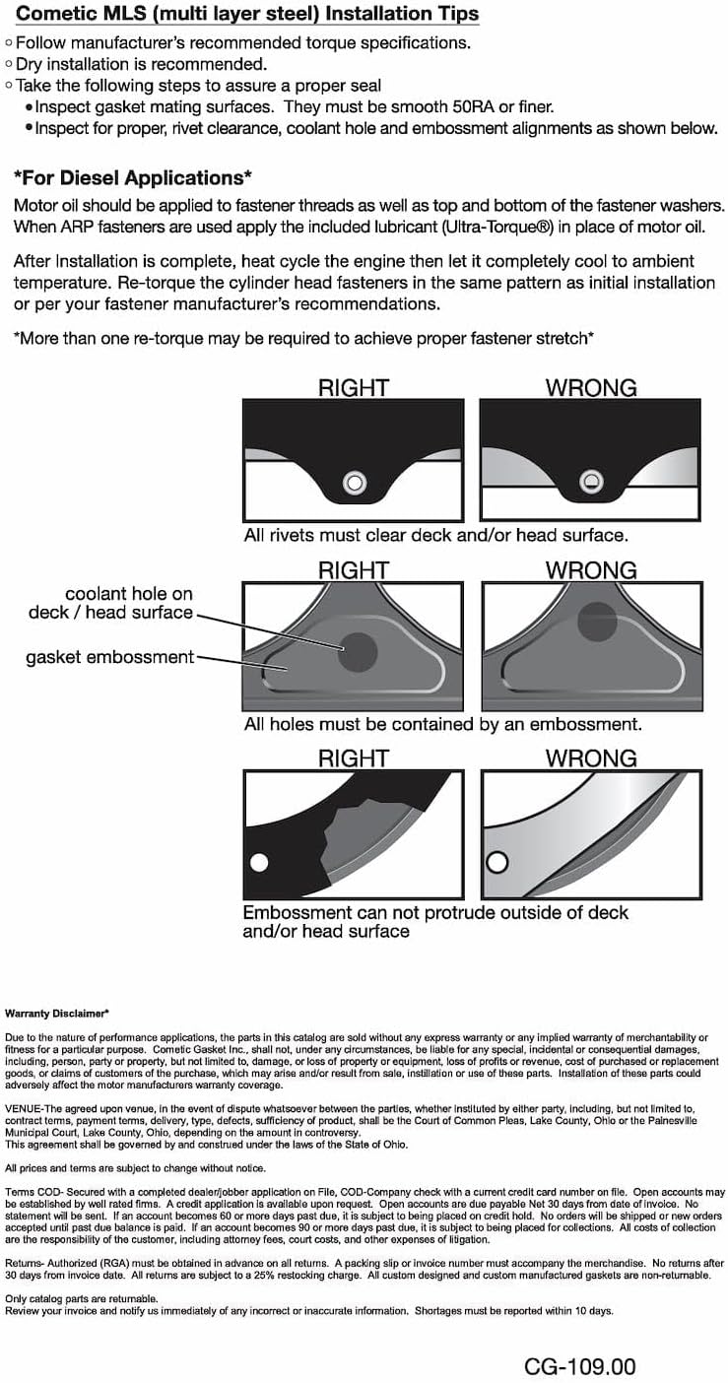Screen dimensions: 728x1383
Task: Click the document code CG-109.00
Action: [579, 1366]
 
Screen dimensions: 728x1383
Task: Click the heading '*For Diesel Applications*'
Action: [133, 178]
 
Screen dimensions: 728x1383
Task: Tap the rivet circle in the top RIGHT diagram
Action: [354, 482]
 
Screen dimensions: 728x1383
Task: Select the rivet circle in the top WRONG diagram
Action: [589, 482]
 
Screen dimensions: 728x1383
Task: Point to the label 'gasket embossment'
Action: [109, 657]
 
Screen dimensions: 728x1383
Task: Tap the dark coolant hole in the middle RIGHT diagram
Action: [357, 652]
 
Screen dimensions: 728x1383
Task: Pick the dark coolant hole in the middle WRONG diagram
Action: [596, 622]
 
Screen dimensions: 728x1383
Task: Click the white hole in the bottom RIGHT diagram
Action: [259, 863]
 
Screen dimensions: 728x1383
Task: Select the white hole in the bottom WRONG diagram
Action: [496, 863]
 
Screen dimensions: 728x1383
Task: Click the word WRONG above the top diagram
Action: [591, 388]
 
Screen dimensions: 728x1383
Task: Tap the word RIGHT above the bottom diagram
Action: [353, 758]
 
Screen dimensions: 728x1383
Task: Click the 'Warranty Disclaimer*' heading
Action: [57, 1013]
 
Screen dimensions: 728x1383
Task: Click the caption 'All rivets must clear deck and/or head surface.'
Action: [435, 536]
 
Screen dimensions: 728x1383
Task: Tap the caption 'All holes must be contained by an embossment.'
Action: [442, 724]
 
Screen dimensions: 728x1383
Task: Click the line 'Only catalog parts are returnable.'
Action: [81, 1299]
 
